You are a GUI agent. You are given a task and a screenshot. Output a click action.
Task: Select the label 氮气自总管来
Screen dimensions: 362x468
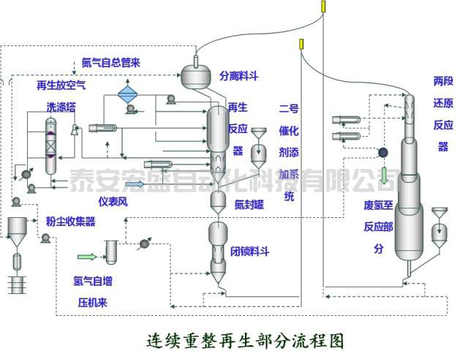pos(112,62)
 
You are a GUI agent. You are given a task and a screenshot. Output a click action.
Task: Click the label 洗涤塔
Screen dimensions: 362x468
pos(61,106)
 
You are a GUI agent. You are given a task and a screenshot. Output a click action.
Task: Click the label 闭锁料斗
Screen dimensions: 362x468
pos(250,252)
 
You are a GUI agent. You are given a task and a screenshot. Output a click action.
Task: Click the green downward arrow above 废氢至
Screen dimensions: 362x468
pos(384,176)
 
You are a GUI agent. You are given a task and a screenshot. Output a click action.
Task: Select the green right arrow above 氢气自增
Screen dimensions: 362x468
pos(86,256)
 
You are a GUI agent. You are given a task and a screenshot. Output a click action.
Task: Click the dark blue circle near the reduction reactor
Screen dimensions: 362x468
pos(381,152)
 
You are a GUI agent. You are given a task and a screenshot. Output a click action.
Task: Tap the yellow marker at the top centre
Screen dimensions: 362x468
pos(322,7)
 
